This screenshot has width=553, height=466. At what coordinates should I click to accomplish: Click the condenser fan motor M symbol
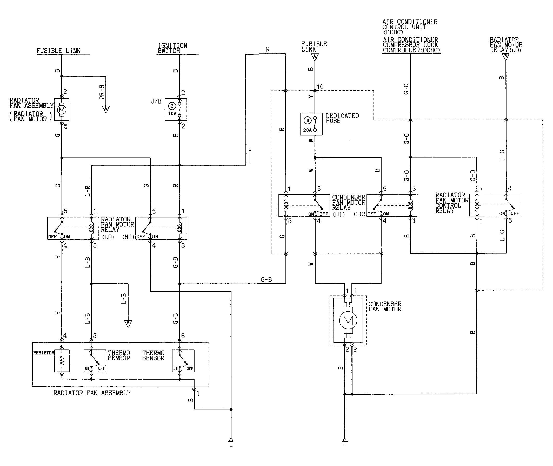click(348, 320)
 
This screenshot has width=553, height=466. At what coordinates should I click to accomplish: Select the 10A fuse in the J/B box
click(176, 109)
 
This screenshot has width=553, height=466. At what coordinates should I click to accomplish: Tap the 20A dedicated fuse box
click(311, 124)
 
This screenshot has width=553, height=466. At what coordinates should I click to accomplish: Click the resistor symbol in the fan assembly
click(62, 361)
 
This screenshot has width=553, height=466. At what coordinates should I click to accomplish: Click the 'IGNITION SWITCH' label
click(172, 48)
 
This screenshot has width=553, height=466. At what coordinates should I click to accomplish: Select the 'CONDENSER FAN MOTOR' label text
click(385, 307)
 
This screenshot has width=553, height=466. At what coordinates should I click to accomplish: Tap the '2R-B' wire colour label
click(102, 92)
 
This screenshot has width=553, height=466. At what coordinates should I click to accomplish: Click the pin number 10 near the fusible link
click(320, 87)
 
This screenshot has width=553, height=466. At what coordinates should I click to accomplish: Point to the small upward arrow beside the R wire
click(250, 156)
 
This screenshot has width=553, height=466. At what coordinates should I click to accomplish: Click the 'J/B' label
click(156, 101)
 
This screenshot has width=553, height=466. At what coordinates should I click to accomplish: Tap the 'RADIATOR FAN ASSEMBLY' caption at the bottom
click(92, 393)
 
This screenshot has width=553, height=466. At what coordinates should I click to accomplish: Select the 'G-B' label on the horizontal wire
click(266, 279)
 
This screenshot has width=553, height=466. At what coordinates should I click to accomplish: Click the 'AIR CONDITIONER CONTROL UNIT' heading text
click(410, 27)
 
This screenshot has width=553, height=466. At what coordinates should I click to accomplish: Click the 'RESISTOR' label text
click(44, 353)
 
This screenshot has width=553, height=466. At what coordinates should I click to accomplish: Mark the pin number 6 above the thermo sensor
click(183, 336)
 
